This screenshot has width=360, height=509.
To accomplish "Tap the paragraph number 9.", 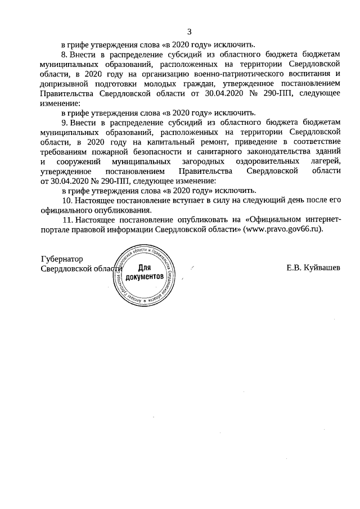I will [x=64, y=122].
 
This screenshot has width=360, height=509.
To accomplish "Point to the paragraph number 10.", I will [x=66, y=200].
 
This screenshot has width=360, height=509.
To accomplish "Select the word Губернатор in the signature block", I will [x=62, y=259].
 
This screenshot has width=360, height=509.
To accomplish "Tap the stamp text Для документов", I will [x=145, y=273].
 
